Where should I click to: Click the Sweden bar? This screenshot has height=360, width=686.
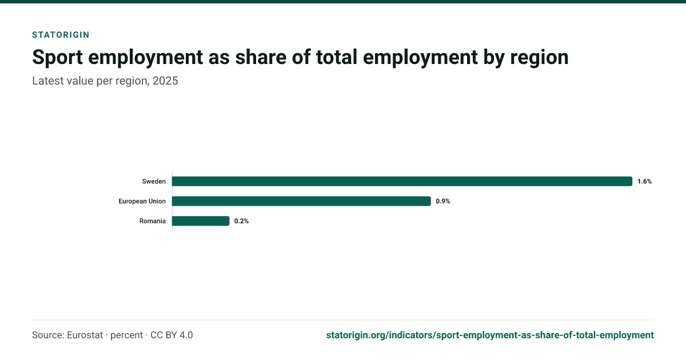402,181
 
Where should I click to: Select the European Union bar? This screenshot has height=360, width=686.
301,201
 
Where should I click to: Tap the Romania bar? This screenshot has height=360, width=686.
201,221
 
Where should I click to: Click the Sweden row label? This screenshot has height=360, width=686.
154,181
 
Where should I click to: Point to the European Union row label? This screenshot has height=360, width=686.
142,201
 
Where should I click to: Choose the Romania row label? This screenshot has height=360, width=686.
153,221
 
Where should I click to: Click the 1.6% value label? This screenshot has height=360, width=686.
644,181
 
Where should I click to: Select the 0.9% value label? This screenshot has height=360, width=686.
443,201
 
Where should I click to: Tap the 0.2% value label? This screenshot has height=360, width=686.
241,221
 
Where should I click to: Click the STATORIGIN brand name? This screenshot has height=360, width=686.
61,35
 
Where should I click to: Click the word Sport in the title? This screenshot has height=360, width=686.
57,57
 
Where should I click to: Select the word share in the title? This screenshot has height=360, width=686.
260,57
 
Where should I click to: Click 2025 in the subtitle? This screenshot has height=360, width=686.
165,81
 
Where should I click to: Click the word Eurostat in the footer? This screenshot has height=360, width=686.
85,335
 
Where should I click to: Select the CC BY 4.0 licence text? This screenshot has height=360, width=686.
171,335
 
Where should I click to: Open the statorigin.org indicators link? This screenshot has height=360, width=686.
490,335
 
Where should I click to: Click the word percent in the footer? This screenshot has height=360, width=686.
126,335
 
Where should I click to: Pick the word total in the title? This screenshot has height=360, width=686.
337,57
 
